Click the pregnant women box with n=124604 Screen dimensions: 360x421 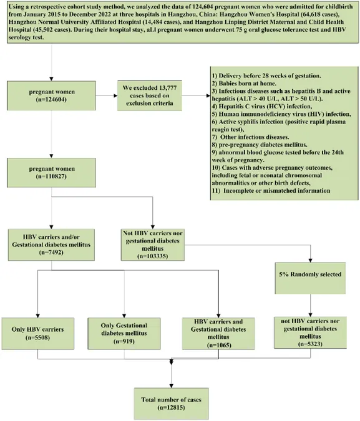point(51,95)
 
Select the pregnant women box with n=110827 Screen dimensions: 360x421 point(51,173)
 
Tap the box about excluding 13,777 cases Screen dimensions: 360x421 point(149,95)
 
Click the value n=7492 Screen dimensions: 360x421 point(51,253)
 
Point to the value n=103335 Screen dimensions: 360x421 point(153,256)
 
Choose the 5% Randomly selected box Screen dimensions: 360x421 point(310,278)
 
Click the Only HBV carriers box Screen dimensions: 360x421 point(38,334)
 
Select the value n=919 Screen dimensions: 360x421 point(124,341)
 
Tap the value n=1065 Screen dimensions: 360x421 point(218,345)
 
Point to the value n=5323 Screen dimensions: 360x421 point(310,344)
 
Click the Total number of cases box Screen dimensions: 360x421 point(171,404)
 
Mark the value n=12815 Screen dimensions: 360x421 point(171,407)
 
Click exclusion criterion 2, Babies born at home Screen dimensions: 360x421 point(244,84)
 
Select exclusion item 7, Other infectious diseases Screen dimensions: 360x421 point(250,137)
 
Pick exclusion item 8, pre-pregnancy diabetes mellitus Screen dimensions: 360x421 point(260,145)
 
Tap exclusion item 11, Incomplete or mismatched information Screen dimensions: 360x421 point(271,191)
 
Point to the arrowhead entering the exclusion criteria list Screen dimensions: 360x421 point(208,95)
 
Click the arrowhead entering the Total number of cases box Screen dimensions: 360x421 point(171,386)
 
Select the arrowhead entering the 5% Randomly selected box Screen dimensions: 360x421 point(310,261)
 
